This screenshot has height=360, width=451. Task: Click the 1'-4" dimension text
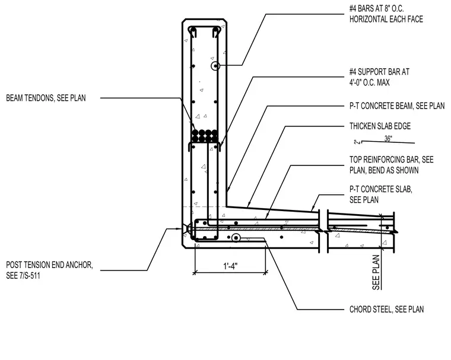230,266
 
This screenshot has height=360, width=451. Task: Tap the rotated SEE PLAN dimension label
376,272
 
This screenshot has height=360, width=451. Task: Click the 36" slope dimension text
388,139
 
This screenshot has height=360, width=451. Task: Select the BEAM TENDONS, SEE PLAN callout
46,98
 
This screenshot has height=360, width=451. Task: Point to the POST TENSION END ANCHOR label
49,265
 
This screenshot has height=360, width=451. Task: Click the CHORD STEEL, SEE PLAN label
386,310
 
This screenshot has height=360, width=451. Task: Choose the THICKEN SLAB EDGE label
380,126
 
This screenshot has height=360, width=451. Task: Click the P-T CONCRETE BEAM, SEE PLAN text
397,106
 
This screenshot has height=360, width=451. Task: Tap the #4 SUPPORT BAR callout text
379,72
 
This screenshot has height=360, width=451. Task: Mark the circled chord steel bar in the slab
236,238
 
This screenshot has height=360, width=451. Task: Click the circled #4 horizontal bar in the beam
215,66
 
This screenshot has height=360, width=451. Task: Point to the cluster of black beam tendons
205,136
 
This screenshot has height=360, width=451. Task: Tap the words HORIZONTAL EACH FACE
386,19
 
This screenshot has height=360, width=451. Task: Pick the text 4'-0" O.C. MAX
370,83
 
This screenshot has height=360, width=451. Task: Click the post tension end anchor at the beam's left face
186,229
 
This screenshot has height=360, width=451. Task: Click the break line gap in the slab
323,231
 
